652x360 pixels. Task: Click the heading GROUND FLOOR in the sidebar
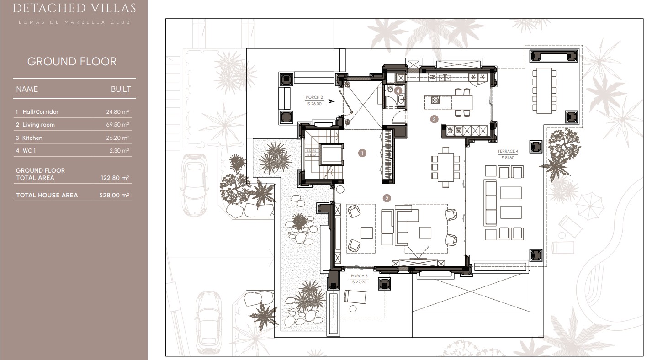(x=72, y=62)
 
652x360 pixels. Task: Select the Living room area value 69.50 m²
(x=118, y=125)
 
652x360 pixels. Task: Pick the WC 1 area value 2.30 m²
(x=120, y=151)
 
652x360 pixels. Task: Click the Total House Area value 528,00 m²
(x=114, y=195)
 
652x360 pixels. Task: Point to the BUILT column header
(x=121, y=89)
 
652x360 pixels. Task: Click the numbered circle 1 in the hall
(x=362, y=153)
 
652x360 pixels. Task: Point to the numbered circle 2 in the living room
(x=387, y=198)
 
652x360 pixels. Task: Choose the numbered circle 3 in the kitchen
(x=435, y=119)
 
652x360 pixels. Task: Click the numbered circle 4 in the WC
(x=398, y=90)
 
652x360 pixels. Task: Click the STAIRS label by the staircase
(x=312, y=152)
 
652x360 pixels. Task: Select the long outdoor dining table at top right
(x=544, y=90)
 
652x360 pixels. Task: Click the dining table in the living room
(x=445, y=167)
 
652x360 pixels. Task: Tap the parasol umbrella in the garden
(x=590, y=206)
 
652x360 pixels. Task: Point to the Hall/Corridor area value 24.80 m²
(x=118, y=112)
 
